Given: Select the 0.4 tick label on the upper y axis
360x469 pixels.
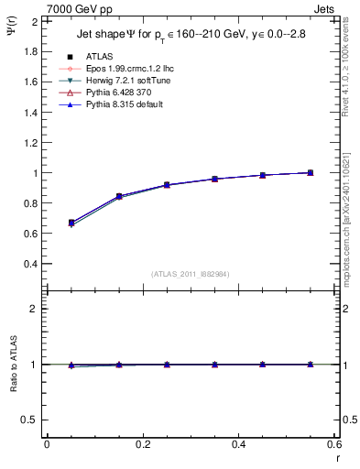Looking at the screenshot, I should coord(31,264).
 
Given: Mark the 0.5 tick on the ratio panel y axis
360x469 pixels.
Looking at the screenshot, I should coord(31,420).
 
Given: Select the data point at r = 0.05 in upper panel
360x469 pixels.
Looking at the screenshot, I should coord(71,223).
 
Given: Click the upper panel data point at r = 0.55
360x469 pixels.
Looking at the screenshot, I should coord(310,172).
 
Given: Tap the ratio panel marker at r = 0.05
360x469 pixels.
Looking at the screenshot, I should coord(71,365).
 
